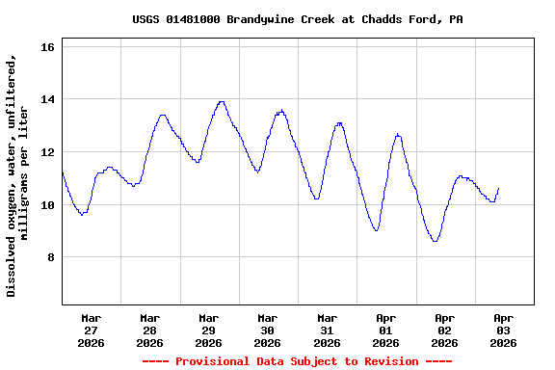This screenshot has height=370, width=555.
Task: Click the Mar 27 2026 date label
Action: pos(91,330)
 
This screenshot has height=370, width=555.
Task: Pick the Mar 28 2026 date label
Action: pos(149,330)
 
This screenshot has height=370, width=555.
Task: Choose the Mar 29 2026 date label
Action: pos(208,330)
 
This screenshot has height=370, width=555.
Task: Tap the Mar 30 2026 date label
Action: pos(267,330)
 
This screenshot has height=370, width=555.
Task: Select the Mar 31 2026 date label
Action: pos(327,330)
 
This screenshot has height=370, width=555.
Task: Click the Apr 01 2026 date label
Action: pos(385,330)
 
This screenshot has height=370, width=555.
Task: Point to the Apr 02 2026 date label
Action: pos(444,330)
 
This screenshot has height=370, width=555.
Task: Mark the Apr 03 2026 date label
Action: pos(503,330)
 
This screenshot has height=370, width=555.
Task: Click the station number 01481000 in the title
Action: pos(193,19)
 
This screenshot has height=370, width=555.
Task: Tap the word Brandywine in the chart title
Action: pos(259,19)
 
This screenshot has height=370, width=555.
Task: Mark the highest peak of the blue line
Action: pos(221,101)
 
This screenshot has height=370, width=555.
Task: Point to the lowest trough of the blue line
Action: pos(436,241)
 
